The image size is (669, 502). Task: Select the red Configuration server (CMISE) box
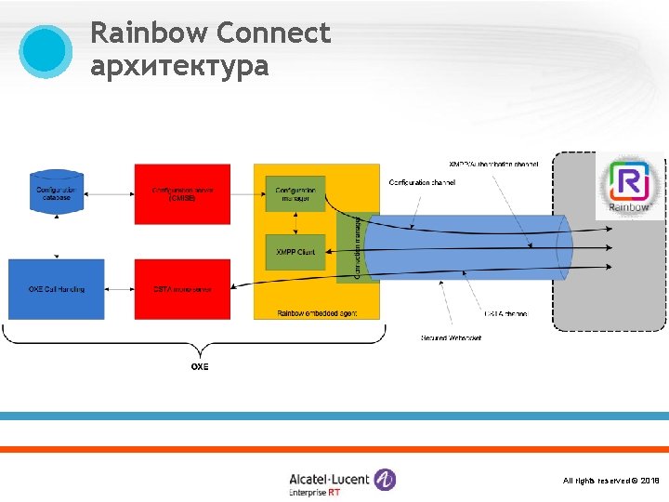point(182,193)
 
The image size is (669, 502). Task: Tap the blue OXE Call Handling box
point(56,289)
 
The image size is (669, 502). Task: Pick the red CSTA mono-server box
point(182,289)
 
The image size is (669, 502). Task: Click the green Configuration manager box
point(295,193)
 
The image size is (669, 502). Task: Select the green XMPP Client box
point(295,252)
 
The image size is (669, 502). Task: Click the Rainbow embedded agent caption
point(316,313)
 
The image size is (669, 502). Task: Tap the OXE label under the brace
point(200,366)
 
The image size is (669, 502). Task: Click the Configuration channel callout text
point(422,182)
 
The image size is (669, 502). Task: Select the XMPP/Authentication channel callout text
point(492,165)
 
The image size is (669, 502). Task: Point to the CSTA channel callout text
point(505,314)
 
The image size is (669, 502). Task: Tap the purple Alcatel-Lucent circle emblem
point(385,480)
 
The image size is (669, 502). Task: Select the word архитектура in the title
point(179,66)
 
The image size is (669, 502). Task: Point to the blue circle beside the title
point(46,50)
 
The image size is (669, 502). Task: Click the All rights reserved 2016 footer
point(610,481)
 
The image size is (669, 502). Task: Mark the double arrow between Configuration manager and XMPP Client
point(295,223)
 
